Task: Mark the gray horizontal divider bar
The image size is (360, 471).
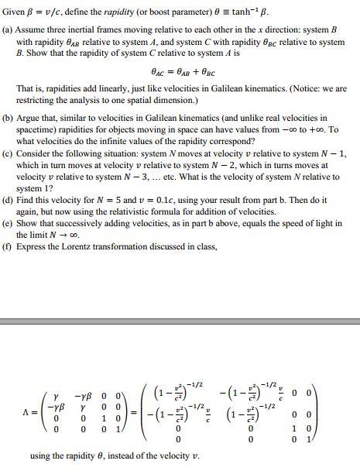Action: tap(180, 320)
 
